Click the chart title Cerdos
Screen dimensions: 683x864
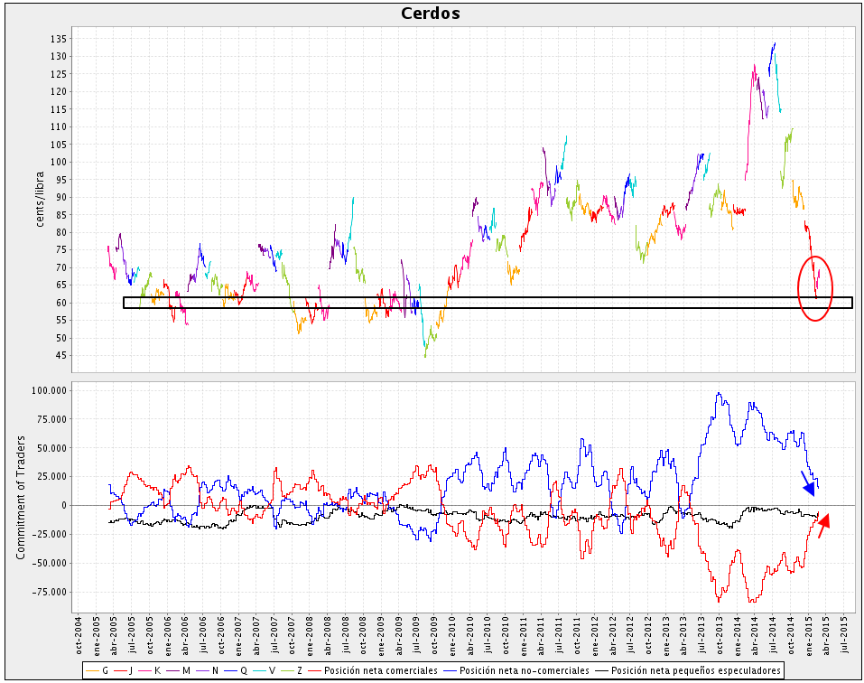coord(431,14)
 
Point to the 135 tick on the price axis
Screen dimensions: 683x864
coord(59,39)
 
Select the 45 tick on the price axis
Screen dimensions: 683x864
coord(61,356)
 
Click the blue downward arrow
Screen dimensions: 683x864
coord(808,483)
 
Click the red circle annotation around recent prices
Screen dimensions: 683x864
coord(814,287)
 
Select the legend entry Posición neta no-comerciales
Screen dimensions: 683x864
coord(525,670)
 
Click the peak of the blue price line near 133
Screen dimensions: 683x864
coord(775,43)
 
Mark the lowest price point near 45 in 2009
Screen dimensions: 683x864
coord(425,356)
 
